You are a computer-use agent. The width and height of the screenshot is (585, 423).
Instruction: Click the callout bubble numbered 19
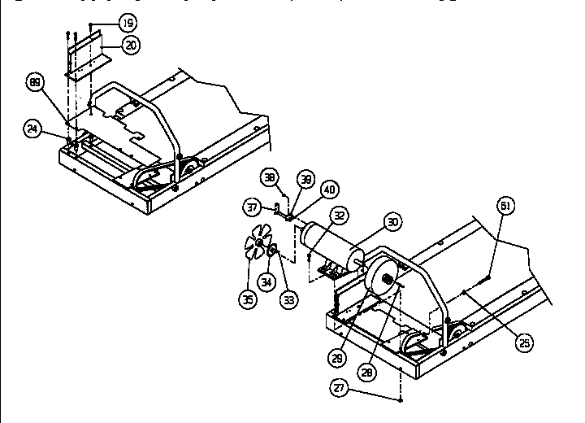(x=127, y=24)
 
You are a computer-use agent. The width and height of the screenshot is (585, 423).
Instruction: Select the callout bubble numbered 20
(x=129, y=46)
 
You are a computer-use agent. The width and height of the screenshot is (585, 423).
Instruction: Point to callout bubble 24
(x=32, y=129)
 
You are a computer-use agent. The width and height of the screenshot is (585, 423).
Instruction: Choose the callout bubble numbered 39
(x=305, y=179)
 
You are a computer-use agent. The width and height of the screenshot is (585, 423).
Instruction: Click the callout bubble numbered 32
(x=338, y=216)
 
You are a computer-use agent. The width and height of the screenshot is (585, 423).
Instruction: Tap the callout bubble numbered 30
(x=392, y=221)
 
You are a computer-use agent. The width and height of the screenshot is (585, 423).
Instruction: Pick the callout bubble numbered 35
(x=246, y=299)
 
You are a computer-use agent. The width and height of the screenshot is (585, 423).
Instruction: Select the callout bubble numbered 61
(x=505, y=207)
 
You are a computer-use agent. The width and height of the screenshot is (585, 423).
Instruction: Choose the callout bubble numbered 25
(x=525, y=342)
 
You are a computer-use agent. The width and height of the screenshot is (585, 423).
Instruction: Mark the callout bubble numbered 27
(x=340, y=389)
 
